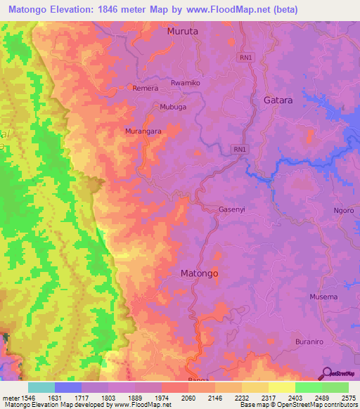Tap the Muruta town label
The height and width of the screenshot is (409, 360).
[x=183, y=32]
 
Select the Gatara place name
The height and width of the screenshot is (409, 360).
[x=278, y=100]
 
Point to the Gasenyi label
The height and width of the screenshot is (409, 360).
[x=215, y=209]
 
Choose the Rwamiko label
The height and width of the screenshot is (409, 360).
[x=186, y=83]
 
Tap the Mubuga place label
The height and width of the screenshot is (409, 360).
[x=173, y=108]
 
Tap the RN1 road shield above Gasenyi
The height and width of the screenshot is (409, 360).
[x=240, y=149]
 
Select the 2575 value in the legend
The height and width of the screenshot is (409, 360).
[x=348, y=397]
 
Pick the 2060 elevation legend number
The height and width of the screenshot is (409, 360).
[x=188, y=397]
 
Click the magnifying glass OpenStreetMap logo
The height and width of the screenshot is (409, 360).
[x=326, y=372]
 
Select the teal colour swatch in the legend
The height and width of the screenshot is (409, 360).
[x=41, y=387]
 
